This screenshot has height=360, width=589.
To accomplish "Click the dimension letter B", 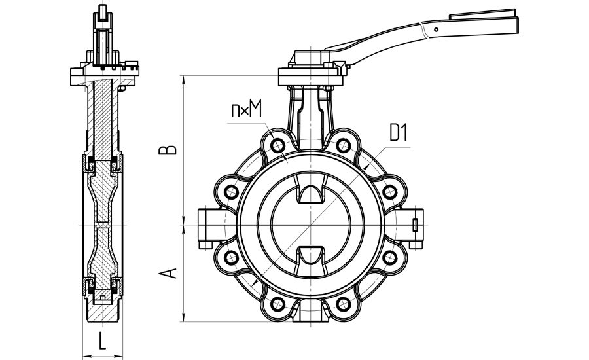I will pos(170,149).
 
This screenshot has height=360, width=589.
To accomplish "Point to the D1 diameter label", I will pos(399,135).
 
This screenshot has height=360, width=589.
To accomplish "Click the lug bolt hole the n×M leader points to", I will pos(277,145).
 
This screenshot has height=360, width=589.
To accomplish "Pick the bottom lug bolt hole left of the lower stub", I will pos(277,303).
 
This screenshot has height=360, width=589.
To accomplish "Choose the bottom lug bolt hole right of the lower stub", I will pos(343,303).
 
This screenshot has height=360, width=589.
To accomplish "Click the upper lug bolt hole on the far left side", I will pos(230,191).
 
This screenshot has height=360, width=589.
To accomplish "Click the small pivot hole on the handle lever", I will pos(435,29).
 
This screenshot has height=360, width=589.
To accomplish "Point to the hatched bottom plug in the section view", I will pos(103,315).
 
